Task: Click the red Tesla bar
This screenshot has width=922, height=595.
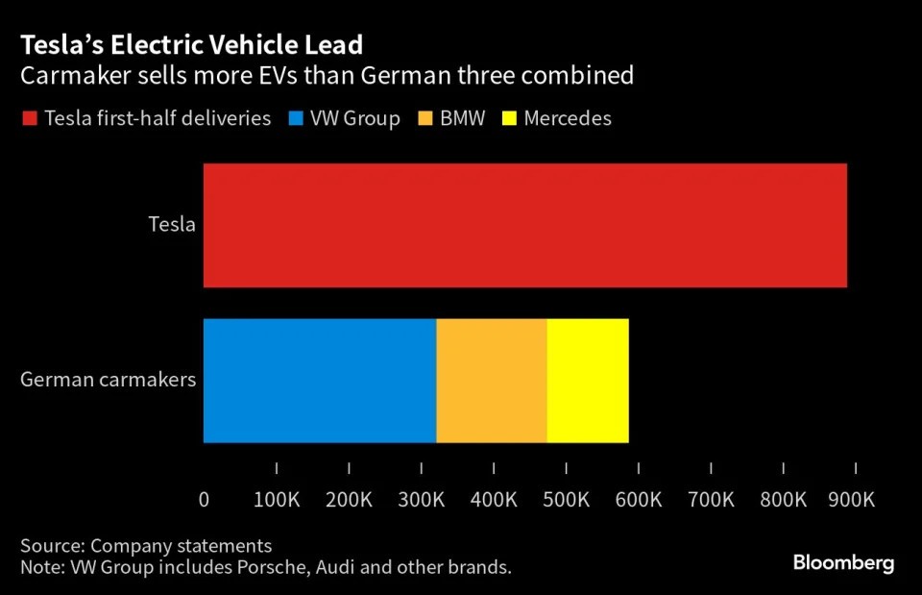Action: tap(524, 225)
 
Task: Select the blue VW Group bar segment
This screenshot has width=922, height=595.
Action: tap(319, 381)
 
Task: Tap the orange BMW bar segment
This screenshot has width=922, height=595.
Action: tap(491, 381)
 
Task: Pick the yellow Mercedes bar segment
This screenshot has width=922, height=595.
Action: tap(588, 381)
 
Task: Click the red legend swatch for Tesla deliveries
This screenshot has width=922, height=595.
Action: tap(29, 119)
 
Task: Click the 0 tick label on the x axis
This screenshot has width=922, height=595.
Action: tap(204, 500)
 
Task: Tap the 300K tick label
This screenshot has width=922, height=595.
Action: tap(421, 500)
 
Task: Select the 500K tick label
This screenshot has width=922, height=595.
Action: tap(566, 500)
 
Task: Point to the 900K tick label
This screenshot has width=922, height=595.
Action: tap(851, 500)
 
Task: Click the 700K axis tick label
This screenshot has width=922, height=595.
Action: tap(711, 500)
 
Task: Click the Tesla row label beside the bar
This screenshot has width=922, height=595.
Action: tap(172, 225)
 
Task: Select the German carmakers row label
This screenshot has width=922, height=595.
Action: tap(108, 379)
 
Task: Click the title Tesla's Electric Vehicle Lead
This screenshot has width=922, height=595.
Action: tap(192, 45)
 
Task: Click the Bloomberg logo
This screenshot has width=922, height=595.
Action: tap(843, 562)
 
